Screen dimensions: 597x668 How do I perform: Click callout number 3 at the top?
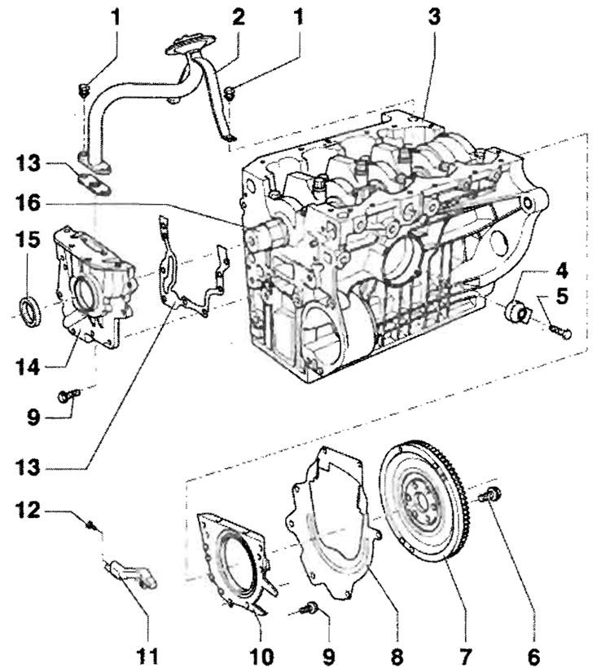coord(433,17)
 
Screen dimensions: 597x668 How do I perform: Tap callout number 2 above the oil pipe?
coord(239,17)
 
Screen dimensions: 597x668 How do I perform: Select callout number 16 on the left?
coord(28,203)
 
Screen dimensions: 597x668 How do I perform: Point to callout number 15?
coord(28,240)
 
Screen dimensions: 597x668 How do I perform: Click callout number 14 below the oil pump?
coord(28,367)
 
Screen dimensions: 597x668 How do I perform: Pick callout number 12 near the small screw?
coord(28,510)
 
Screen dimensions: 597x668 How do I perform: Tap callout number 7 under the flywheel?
coord(464,656)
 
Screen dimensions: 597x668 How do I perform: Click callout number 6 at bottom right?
coord(533,656)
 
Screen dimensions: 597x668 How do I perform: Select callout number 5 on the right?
coord(562,296)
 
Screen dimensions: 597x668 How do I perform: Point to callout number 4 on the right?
coord(562,271)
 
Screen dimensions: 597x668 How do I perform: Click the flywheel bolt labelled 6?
coord(490,495)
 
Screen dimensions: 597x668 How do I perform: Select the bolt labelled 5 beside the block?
coord(561,332)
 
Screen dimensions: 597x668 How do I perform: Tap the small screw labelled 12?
coord(90,526)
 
